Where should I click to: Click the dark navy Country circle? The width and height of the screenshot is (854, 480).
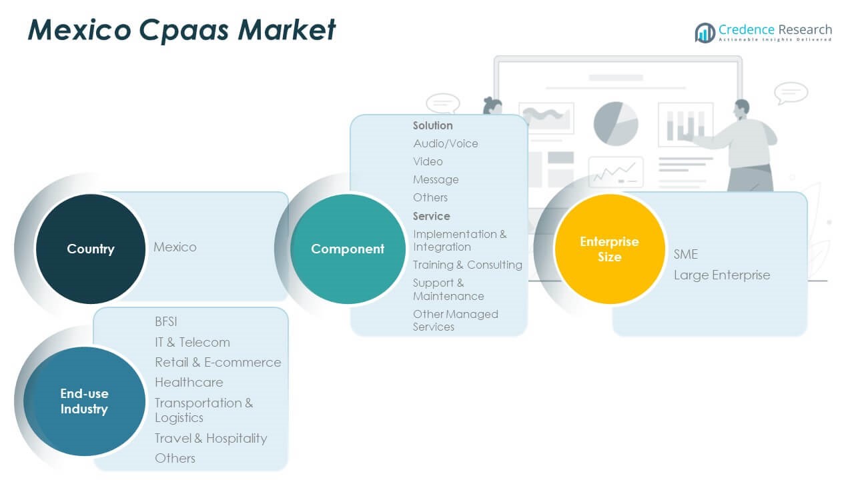91,249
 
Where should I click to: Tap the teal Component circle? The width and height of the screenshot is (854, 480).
348,249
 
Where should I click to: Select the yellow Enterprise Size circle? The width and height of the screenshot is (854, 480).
610,249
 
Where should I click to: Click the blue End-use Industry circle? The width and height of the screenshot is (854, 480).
85,401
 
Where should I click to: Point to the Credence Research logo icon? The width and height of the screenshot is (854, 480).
705,33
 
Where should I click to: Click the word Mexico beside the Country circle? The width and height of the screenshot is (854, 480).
175,247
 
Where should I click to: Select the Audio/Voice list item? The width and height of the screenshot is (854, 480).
446,143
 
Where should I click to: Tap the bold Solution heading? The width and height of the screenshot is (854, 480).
433,125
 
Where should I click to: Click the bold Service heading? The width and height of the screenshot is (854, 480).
432,216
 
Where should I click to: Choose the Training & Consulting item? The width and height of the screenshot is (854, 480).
468,265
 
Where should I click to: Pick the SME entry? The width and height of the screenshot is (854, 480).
686,254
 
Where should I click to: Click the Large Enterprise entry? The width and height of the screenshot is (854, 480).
722,275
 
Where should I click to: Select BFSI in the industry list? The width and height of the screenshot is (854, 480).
166,321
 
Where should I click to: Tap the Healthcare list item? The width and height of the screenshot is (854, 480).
189,382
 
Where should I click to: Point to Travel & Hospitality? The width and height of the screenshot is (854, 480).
211,439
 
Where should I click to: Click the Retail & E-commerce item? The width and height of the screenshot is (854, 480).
218,362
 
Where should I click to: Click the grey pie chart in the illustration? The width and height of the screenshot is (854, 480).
616,124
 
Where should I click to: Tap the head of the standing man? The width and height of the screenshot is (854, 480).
743,109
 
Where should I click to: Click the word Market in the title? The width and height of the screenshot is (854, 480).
287,30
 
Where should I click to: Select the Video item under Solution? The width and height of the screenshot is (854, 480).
428,161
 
